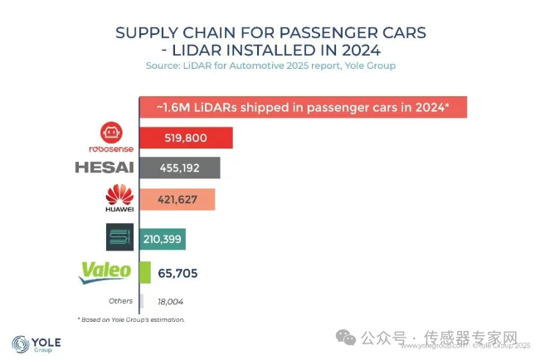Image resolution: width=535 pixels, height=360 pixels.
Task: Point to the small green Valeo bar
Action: pos(145,272)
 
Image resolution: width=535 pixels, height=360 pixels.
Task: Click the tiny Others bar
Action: pos(141,301)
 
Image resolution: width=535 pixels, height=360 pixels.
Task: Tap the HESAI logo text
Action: pos(104,168)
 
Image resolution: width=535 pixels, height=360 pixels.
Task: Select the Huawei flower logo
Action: pos(120,196)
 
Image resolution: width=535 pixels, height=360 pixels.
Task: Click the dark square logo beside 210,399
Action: pos(119,236)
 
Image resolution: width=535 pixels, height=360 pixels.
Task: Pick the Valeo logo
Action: pos(105,271)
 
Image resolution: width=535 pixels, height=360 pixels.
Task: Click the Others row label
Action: pos(120,301)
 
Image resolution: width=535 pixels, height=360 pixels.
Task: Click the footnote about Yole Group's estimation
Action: pos(131,319)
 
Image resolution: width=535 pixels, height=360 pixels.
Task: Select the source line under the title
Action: pos(270,65)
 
